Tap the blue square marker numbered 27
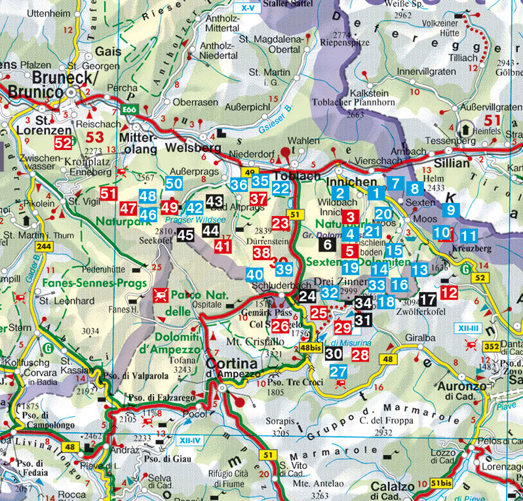[x=338, y=371]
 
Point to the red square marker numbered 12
[x=449, y=292]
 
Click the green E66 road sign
[x=129, y=110]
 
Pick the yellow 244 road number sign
[x=45, y=246]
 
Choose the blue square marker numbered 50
[x=174, y=185]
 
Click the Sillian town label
[x=448, y=163]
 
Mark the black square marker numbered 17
[x=428, y=299]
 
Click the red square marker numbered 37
[x=259, y=198]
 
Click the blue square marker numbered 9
[x=451, y=210]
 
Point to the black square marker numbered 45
[x=185, y=235]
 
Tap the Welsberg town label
[x=193, y=148]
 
